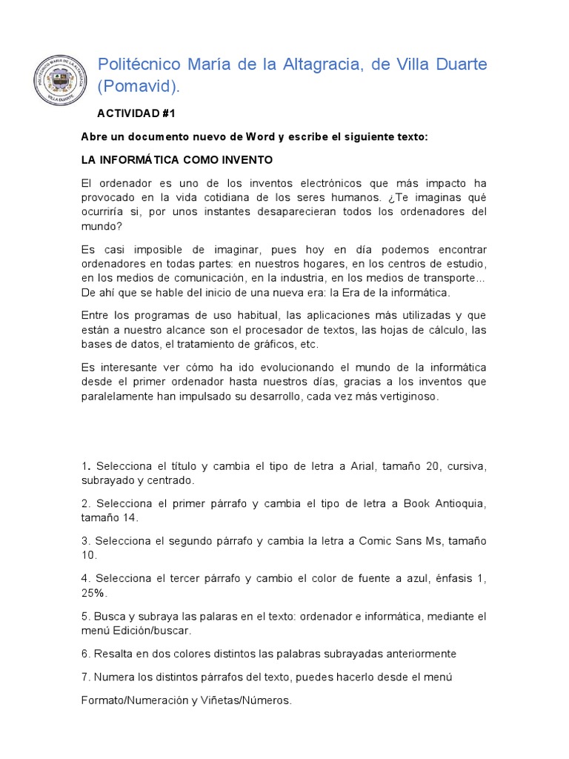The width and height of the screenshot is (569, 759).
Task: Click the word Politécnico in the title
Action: click(139, 64)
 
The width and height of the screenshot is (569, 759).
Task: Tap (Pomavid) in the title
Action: click(139, 87)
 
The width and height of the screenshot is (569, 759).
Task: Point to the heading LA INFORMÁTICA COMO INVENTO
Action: click(176, 159)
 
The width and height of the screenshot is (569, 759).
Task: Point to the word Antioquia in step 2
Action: click(460, 503)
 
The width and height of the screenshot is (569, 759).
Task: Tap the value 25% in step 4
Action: click(94, 592)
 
